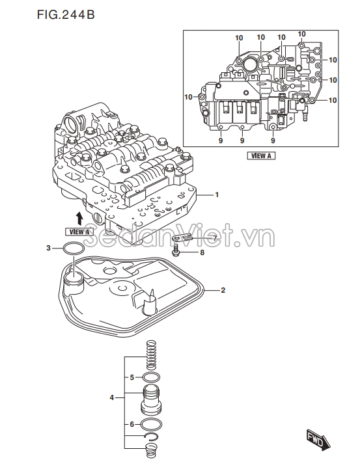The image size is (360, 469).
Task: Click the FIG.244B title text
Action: click(x=66, y=14)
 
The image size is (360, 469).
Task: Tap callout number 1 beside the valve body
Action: click(x=217, y=194)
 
